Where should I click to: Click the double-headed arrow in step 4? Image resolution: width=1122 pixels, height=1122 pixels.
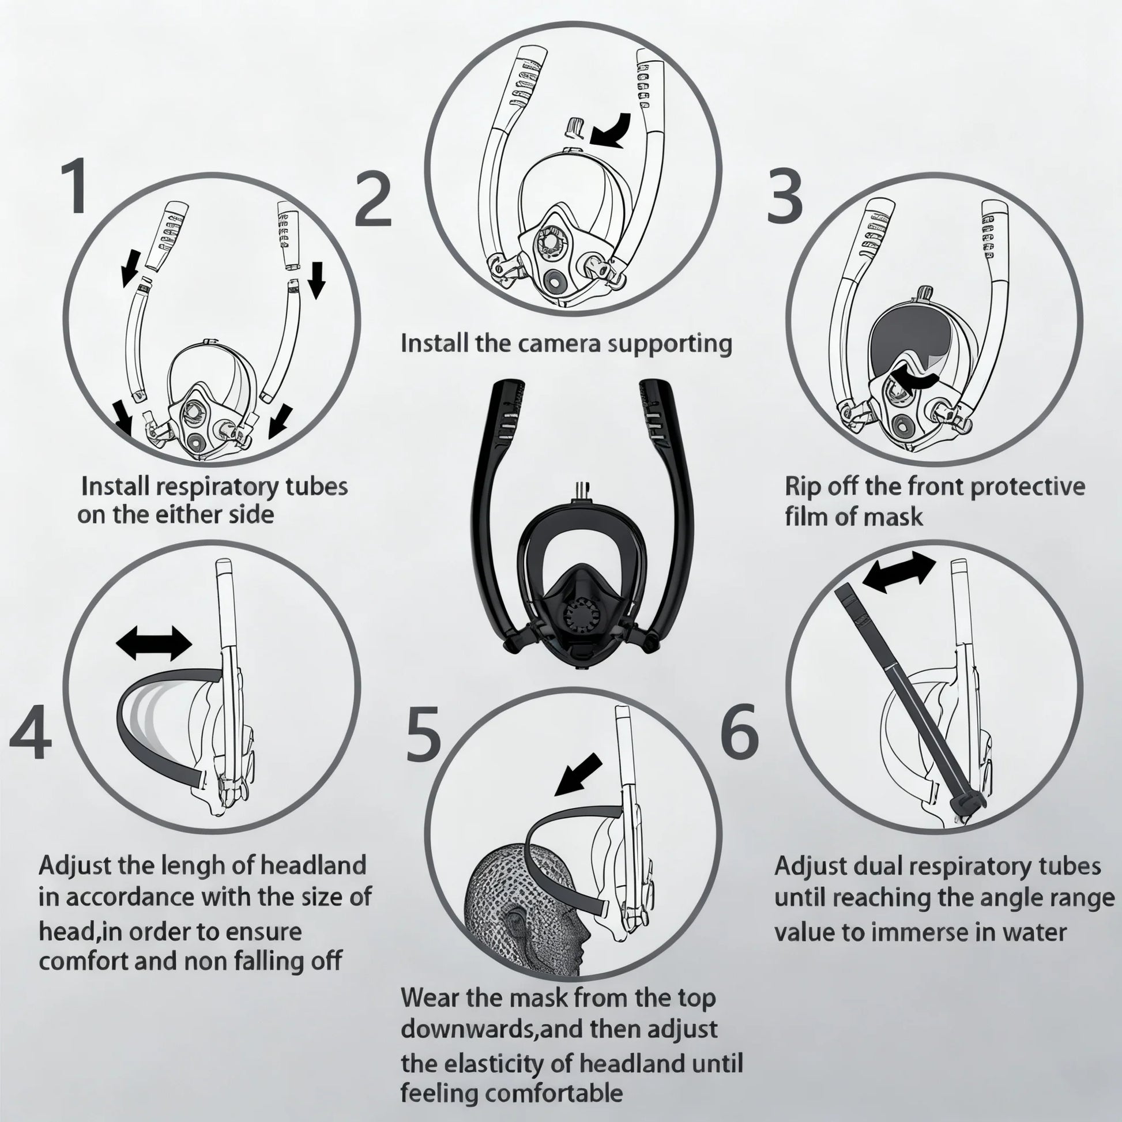[154, 642]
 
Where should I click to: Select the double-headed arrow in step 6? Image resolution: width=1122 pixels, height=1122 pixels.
[899, 572]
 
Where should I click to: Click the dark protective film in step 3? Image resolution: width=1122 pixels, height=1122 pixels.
[909, 340]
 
